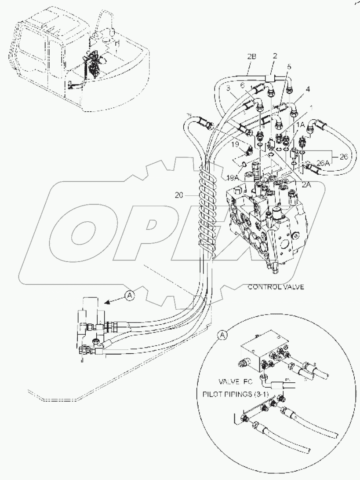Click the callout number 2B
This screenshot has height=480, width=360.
click(x=251, y=57)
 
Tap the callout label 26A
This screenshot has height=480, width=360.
click(x=322, y=163)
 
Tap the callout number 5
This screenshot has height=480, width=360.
click(x=288, y=66)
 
